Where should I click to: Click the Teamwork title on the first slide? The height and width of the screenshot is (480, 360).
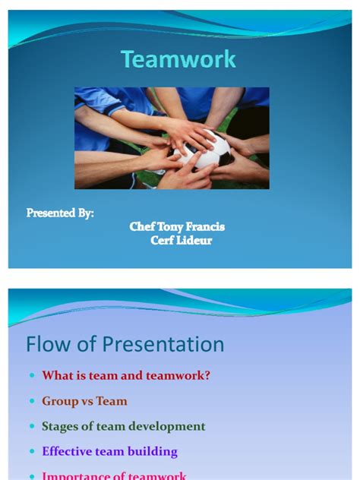pos(178,59)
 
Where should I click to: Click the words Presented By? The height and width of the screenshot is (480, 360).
pos(60,213)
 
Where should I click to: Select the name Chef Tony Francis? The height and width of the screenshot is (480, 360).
pos(177,227)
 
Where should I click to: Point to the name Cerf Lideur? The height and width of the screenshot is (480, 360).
pos(181,241)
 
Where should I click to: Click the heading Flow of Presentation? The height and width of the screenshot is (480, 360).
pos(125,345)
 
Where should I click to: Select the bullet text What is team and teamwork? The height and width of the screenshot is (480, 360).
pos(126,376)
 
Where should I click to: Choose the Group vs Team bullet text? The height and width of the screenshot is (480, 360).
pos(84,401)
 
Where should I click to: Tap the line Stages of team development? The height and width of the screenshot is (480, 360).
pos(124,426)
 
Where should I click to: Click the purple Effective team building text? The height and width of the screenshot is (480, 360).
pos(109,451)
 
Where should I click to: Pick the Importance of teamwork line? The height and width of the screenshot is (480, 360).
pos(114,475)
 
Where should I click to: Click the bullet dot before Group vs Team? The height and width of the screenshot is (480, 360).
pos(31,402)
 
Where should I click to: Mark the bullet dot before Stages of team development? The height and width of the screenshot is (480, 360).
pos(31,427)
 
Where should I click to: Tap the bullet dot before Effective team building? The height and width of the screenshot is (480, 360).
pos(31,452)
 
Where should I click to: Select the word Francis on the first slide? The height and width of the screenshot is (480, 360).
pos(205,227)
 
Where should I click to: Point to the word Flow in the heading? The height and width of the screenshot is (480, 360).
pos(50,345)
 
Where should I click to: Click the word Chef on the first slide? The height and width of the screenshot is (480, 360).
pos(142,227)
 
